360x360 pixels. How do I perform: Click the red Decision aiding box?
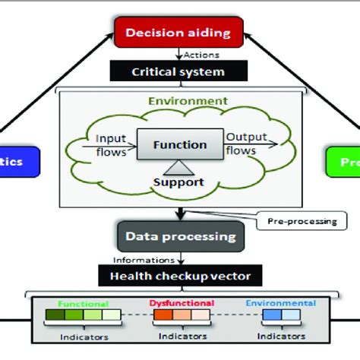(x=178, y=33)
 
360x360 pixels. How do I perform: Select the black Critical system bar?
(x=178, y=71)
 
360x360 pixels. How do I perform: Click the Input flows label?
(x=111, y=144)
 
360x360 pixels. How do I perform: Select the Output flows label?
(x=248, y=144)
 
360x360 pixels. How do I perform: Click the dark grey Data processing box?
(x=180, y=236)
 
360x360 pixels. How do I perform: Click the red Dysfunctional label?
(x=180, y=303)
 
